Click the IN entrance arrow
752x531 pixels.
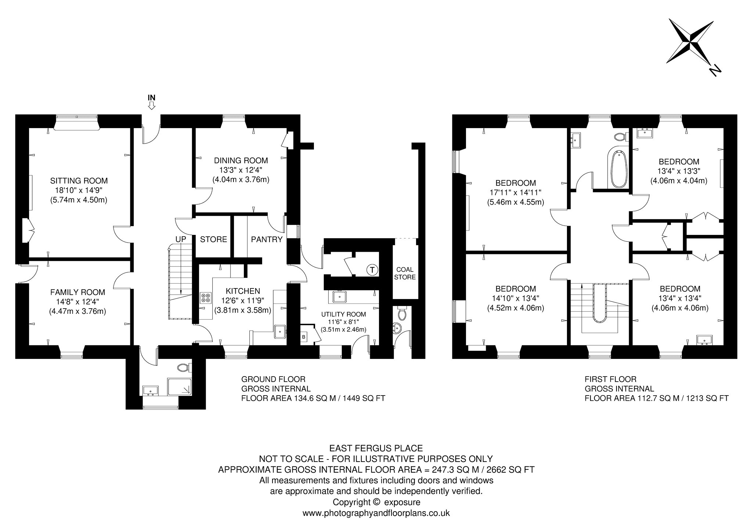tap(151, 106)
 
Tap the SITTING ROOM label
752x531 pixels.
tap(79, 181)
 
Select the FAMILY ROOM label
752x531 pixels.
tap(77, 292)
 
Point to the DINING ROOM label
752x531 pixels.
tap(241, 160)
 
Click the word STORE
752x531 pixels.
tap(213, 239)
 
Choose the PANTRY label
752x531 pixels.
tap(267, 239)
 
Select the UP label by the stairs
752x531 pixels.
tap(180, 239)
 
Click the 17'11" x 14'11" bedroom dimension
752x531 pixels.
tap(515, 192)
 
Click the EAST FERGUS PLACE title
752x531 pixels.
tap(376, 448)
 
